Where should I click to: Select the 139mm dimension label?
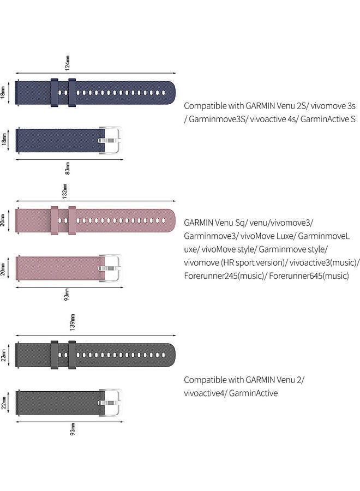point(73,322)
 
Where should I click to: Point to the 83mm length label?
point(68,167)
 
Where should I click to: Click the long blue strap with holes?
point(95,93)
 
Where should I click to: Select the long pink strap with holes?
point(95,221)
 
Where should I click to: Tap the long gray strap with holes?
point(95,355)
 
